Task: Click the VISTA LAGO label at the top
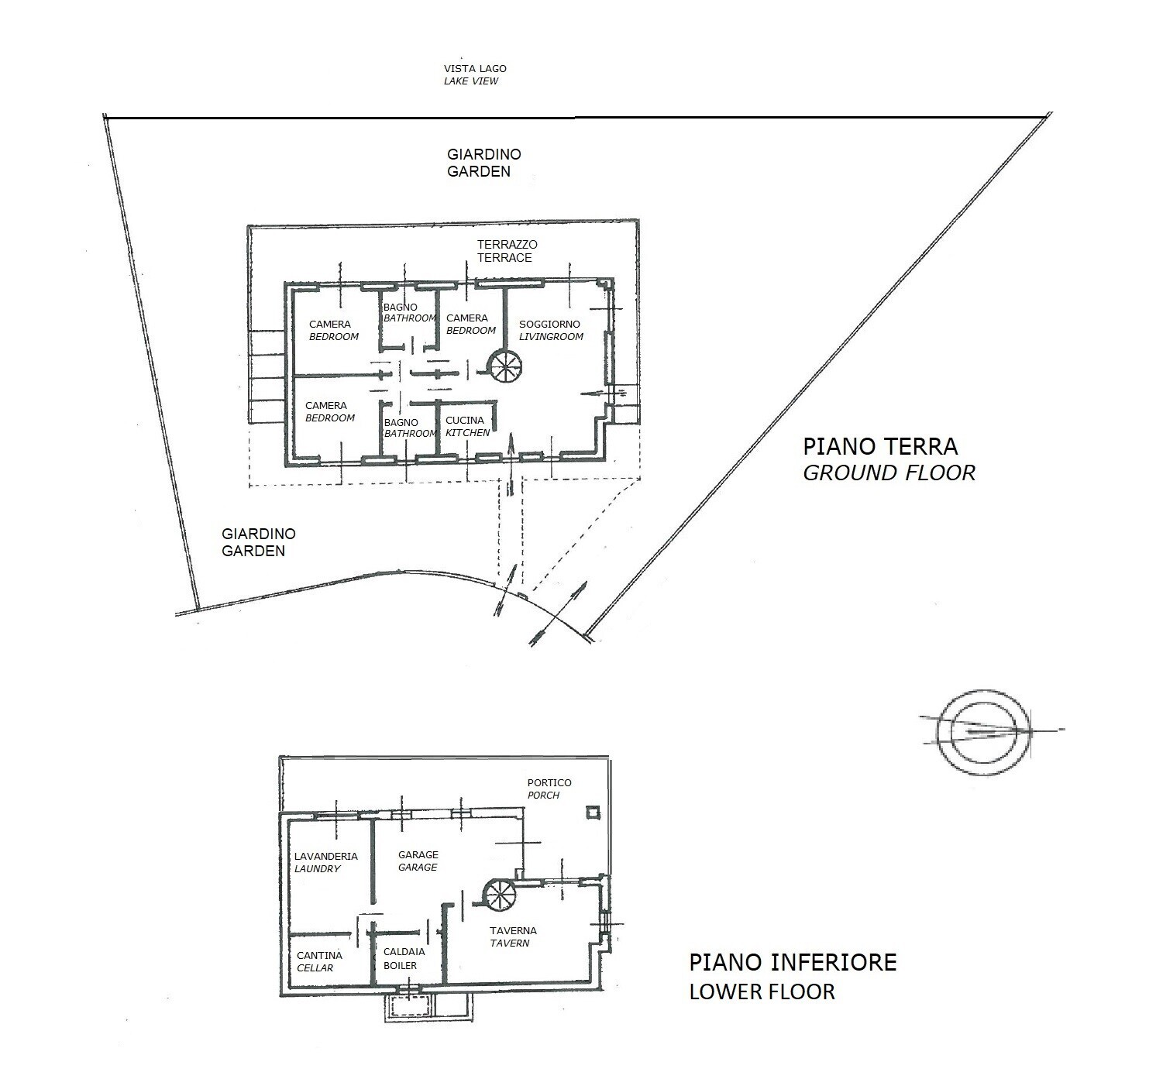click(475, 69)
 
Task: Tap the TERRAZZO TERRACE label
click(507, 251)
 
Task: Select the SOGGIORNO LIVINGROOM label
click(551, 330)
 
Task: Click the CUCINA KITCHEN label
click(467, 426)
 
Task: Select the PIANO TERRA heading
click(880, 446)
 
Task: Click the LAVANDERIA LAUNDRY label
click(325, 862)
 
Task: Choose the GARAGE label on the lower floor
click(418, 861)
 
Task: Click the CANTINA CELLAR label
click(319, 961)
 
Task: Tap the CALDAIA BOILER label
click(404, 958)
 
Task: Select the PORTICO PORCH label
click(549, 789)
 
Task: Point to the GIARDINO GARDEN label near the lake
click(483, 163)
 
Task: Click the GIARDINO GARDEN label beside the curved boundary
click(259, 541)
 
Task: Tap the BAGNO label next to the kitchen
click(401, 422)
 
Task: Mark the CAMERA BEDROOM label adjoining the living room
click(471, 324)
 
